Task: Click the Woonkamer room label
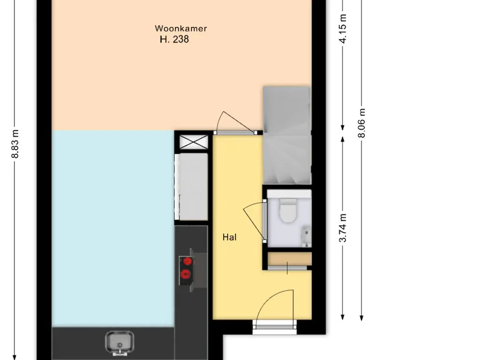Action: (x=180, y=29)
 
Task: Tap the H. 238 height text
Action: (x=174, y=39)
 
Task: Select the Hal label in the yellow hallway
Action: (x=229, y=237)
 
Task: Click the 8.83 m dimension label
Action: (x=15, y=144)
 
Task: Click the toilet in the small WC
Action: (x=288, y=210)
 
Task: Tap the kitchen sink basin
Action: (x=120, y=342)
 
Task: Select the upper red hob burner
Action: (x=187, y=262)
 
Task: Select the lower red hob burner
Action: (x=186, y=274)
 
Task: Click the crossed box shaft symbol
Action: (x=194, y=142)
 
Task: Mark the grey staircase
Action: (x=287, y=135)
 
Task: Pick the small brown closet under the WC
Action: (x=290, y=259)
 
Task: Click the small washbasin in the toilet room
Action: (x=307, y=236)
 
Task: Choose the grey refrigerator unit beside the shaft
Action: (x=192, y=187)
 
